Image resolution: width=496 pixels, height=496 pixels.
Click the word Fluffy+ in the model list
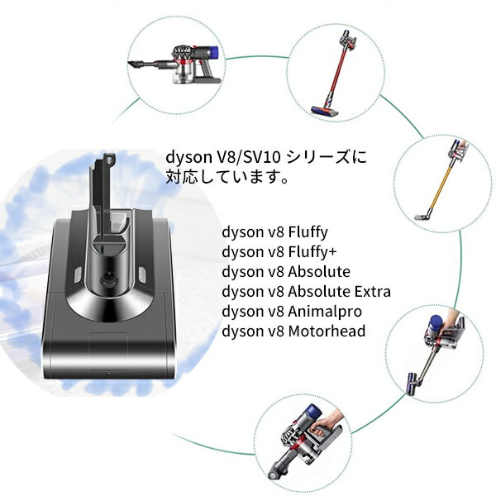point(312,252)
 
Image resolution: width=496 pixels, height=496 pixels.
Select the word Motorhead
point(327,331)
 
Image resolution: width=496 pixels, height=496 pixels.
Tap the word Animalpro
point(325,312)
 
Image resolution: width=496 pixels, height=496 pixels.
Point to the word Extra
point(373,291)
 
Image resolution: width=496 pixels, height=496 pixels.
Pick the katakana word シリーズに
point(327,157)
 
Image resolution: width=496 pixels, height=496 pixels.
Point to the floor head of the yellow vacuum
point(423,217)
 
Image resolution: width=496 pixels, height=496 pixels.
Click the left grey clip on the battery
point(77,275)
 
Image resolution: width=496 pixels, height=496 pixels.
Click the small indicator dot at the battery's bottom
point(109,374)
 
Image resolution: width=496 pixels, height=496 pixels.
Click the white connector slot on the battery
point(119,220)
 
